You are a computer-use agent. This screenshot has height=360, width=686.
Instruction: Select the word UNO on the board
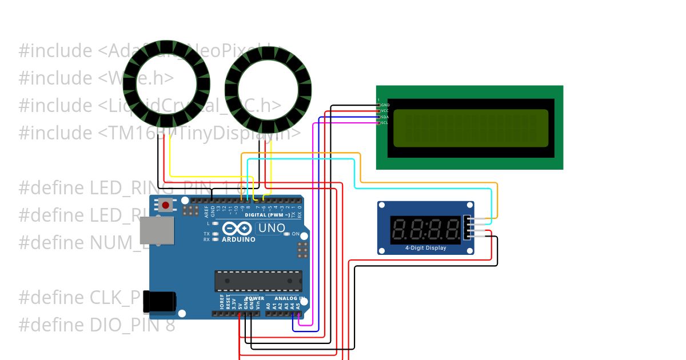click(272, 228)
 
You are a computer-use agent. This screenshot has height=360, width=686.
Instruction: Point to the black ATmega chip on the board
click(258, 281)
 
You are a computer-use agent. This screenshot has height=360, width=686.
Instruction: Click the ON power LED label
click(296, 234)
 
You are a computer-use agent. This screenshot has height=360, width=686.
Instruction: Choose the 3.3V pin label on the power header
click(234, 304)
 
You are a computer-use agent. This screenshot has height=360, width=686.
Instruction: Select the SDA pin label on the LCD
click(385, 117)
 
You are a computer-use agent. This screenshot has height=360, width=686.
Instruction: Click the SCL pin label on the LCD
click(385, 123)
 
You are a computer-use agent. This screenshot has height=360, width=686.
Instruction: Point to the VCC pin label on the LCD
click(385, 111)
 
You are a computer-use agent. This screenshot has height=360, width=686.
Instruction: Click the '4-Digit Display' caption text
click(425, 248)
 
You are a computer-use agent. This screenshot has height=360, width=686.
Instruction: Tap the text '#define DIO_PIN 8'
click(97, 325)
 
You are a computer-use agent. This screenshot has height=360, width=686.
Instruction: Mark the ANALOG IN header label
click(288, 298)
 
